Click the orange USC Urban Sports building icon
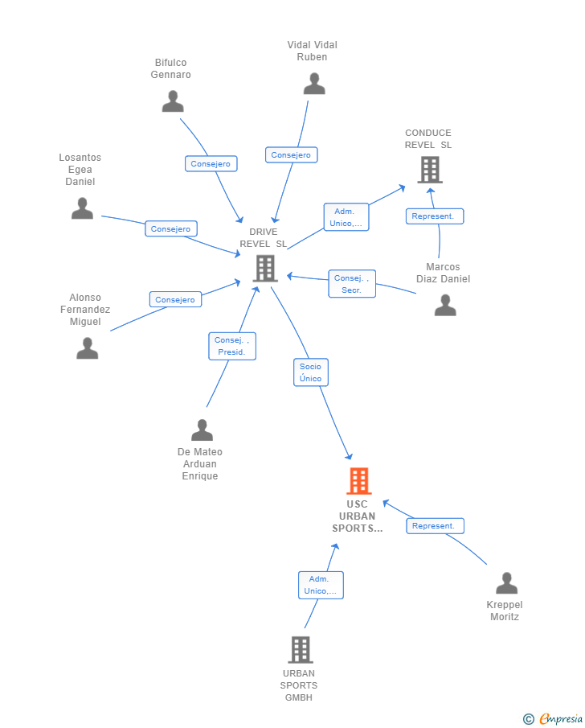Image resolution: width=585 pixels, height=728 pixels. tap(358, 480)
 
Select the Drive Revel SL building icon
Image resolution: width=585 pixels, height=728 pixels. tap(265, 269)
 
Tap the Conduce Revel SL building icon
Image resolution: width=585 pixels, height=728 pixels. tap(430, 170)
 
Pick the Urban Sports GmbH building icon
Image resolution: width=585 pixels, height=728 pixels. tap(301, 649)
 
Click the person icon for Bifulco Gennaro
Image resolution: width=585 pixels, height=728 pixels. tap(173, 101)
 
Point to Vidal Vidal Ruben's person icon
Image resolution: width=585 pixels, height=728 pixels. tap(314, 84)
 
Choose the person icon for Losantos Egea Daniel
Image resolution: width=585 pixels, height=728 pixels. tap(82, 208)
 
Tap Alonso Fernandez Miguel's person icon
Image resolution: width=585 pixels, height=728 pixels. tap(88, 348)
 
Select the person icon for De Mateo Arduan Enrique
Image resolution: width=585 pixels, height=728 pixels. tap(202, 430)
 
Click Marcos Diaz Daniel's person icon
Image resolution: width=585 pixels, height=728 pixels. tap(445, 305)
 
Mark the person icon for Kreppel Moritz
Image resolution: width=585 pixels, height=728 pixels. tap(506, 583)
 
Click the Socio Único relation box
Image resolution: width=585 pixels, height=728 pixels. tap(311, 372)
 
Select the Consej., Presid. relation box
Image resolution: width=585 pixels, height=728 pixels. tap(232, 346)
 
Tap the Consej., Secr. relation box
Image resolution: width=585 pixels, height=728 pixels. tap(352, 284)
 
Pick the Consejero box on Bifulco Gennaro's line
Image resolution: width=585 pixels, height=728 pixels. tap(211, 163)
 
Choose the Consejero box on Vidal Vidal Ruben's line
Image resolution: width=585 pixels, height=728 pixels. tap(292, 154)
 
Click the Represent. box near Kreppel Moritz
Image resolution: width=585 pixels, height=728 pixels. tap(436, 526)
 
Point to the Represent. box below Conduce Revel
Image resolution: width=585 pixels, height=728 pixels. tap(435, 216)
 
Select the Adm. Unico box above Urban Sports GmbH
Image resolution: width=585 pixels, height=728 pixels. tap(321, 585)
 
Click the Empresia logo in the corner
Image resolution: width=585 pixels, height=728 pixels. tap(553, 718)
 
